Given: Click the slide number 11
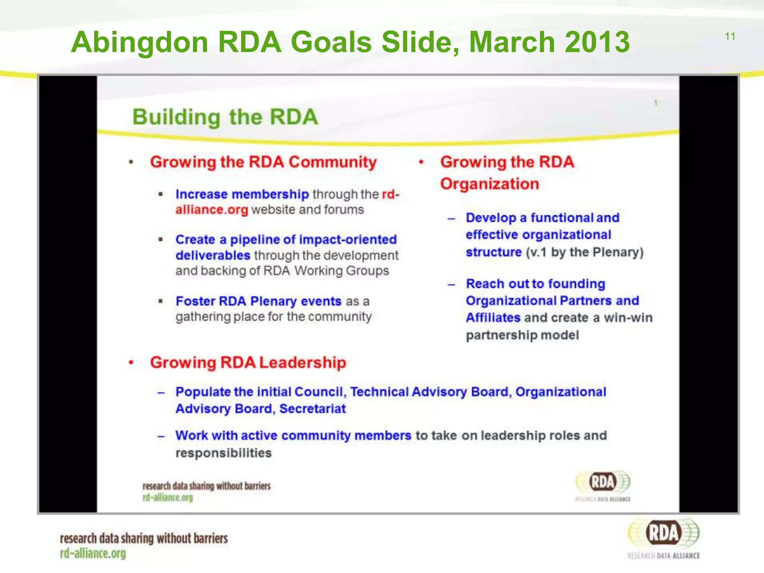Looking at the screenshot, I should click(x=730, y=37).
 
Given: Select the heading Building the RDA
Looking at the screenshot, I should click(x=225, y=117).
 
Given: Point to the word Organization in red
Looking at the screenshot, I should click(x=489, y=184).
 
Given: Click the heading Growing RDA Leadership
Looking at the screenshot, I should click(x=248, y=363).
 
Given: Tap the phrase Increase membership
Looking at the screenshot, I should click(x=242, y=194).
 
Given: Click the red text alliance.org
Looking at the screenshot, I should click(x=212, y=210).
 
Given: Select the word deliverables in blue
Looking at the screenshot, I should click(x=213, y=255).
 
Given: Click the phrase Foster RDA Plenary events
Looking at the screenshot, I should click(x=259, y=301).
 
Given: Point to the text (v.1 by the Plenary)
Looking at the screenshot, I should click(x=585, y=252).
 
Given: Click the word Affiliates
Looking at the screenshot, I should click(x=493, y=317).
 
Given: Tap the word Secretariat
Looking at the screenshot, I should click(x=312, y=408).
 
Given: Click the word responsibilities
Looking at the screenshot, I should click(x=223, y=453).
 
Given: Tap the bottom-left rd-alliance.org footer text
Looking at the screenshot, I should click(x=93, y=554).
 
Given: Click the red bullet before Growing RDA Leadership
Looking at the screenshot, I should click(x=131, y=363).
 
